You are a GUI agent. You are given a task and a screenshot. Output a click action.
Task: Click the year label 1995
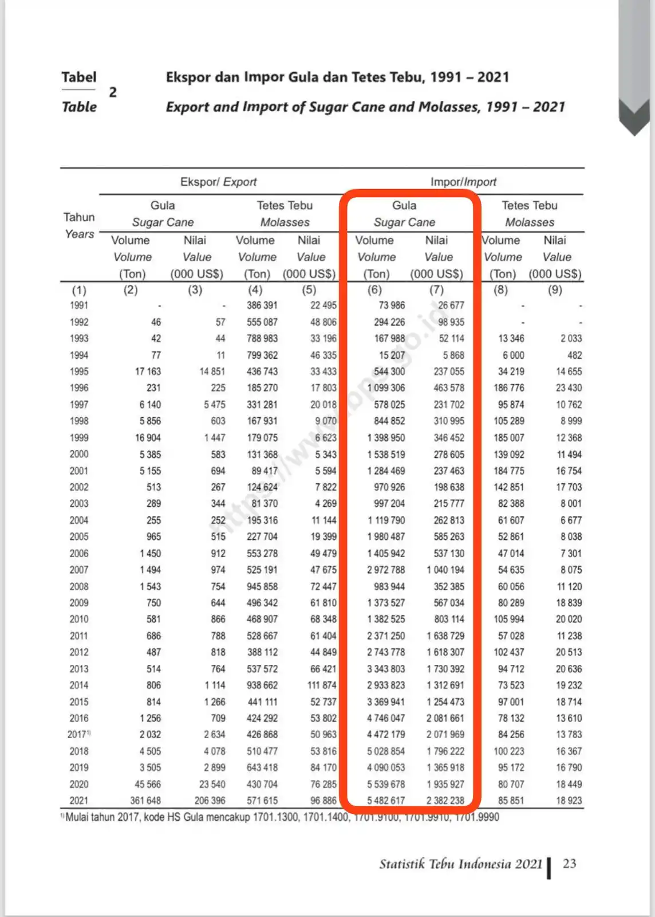pyautogui.click(x=79, y=371)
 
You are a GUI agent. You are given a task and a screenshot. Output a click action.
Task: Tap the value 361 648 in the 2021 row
pyautogui.click(x=145, y=801)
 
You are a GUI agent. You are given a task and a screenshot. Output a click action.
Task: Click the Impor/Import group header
pyautogui.click(x=463, y=182)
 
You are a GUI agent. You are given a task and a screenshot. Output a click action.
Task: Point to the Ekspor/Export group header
pyautogui.click(x=218, y=182)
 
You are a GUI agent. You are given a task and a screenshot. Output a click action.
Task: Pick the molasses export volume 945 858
pyautogui.click(x=262, y=586)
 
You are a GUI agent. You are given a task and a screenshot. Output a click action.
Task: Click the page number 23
pyautogui.click(x=570, y=864)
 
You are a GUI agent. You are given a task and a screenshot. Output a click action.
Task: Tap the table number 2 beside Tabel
pyautogui.click(x=113, y=92)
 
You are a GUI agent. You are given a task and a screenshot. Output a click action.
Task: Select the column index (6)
pyautogui.click(x=374, y=289)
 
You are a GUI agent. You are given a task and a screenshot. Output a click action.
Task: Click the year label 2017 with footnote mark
pyautogui.click(x=78, y=735)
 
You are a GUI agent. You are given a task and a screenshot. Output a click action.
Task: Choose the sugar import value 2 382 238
pyautogui.click(x=445, y=801)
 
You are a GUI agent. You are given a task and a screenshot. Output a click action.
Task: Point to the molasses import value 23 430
pyautogui.click(x=569, y=388)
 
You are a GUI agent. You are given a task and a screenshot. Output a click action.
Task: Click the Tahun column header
pyautogui.click(x=79, y=217)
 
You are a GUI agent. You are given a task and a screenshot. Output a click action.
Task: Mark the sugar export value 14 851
pyautogui.click(x=212, y=371)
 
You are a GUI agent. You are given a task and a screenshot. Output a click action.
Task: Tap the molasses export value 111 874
pyautogui.click(x=322, y=685)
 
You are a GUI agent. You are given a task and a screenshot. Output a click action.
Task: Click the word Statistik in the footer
pyautogui.click(x=401, y=864)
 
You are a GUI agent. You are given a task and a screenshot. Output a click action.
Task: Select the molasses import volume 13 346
pyautogui.click(x=511, y=338)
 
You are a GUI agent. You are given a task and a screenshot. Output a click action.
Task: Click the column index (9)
pyautogui.click(x=555, y=289)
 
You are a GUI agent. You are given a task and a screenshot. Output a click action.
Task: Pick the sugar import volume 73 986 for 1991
pyautogui.click(x=392, y=305)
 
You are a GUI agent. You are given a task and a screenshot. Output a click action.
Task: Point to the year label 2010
pyautogui.click(x=79, y=619)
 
